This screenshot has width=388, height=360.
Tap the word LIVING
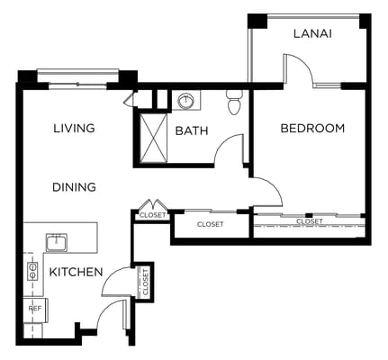coord(74,129)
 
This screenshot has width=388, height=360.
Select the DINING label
coord(74,187)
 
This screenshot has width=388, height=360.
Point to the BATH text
coord(192,131)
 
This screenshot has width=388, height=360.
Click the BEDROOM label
coord(312,129)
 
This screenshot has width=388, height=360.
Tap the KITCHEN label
coord(77,272)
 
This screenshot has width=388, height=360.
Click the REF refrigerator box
coord(35,309)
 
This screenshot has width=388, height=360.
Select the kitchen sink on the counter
coord(57,241)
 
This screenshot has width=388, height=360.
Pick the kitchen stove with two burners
coord(32,270)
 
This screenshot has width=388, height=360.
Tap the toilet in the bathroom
coord(235,103)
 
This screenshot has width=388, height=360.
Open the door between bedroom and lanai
coord(297,70)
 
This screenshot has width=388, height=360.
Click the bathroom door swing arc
coord(230,150)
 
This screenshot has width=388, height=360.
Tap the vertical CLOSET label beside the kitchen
coord(144,282)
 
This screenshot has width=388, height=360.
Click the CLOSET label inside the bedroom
coord(310,220)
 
